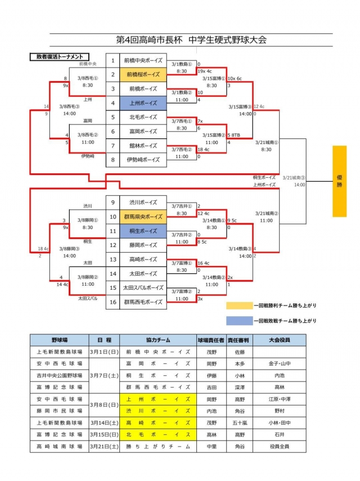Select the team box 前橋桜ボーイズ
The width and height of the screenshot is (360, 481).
143,74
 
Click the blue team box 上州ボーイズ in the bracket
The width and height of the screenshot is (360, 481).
143,103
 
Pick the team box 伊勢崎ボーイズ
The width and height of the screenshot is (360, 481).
143,160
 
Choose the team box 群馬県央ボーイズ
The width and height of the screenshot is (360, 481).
143,217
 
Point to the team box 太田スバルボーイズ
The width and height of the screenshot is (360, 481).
143,287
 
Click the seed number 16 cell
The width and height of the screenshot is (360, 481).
113,302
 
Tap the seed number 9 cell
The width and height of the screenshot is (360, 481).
113,203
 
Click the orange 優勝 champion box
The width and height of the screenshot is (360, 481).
339,181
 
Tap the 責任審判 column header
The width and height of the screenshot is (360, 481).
239,340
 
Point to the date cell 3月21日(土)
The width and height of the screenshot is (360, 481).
104,447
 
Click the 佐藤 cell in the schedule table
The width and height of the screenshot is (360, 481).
239,351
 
